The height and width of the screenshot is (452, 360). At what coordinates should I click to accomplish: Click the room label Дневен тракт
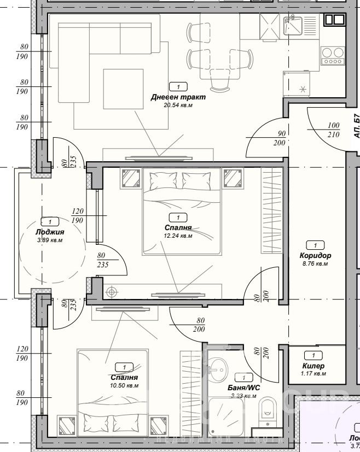coord(178,97)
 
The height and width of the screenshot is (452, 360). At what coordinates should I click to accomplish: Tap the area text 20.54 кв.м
coord(178,105)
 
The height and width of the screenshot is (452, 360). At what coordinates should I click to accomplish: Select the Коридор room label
coord(315,255)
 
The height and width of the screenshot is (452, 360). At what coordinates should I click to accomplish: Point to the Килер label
coord(313,366)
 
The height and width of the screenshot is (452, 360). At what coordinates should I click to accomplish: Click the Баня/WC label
coord(244,388)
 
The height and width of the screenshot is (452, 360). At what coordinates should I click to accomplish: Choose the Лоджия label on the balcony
coord(50,231)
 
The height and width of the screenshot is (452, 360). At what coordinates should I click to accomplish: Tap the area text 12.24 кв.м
coord(178,236)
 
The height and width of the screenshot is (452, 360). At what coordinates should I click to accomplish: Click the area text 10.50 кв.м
coord(124,385)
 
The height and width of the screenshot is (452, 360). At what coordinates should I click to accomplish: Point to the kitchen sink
coord(293,25)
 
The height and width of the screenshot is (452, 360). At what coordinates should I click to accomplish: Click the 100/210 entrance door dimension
coord(334,129)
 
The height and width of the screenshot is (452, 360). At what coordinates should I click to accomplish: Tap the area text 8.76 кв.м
coord(315,263)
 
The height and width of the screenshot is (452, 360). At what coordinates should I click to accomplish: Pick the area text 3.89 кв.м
coord(50,240)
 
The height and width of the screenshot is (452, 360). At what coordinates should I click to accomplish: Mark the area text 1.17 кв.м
coord(313,374)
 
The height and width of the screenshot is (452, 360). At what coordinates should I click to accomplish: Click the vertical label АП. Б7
coord(356,125)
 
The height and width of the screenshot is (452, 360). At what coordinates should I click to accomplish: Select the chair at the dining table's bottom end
coord(220,83)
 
